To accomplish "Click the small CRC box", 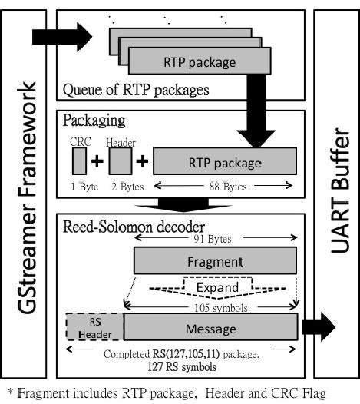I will pyautogui.click(x=79, y=162).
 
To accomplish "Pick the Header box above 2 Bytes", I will pyautogui.click(x=121, y=162).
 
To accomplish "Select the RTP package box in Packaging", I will pyautogui.click(x=225, y=163).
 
